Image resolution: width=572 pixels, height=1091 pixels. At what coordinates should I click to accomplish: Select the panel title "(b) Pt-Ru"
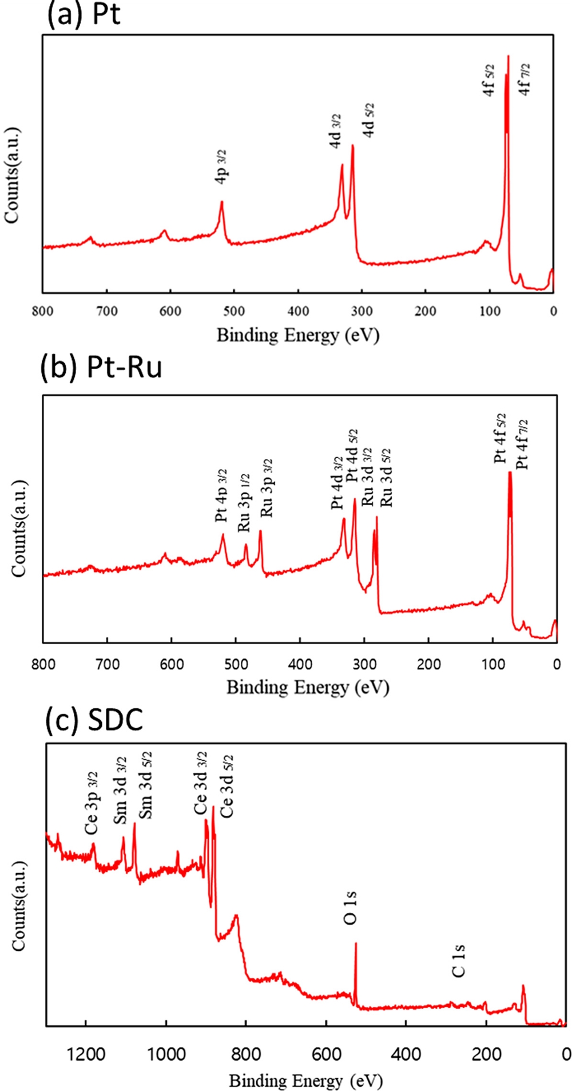tap(101, 367)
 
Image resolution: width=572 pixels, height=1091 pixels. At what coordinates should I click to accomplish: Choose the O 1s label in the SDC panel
tap(351, 908)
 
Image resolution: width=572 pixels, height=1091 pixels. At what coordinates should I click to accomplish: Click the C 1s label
tap(459, 962)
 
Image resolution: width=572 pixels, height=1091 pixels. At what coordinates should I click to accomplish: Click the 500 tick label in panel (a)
tap(234, 312)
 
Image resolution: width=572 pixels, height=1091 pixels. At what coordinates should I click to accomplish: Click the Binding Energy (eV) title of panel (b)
tap(308, 687)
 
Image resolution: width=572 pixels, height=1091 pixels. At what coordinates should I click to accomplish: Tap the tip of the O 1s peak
tap(356, 943)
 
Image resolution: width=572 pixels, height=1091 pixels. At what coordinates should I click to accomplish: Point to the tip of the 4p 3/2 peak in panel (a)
tap(221, 201)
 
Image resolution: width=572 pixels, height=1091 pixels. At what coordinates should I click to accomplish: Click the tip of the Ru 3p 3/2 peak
tap(260, 531)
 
